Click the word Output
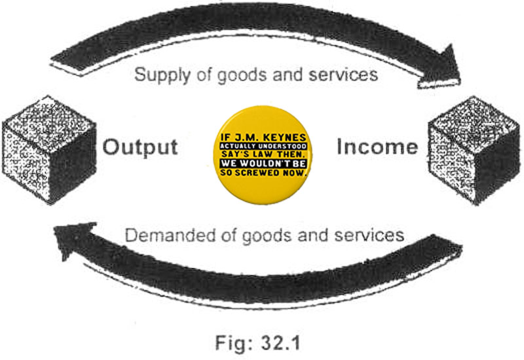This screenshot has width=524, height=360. (140, 146)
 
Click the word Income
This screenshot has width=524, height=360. (377, 146)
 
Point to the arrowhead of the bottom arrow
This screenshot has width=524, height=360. (72, 242)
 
